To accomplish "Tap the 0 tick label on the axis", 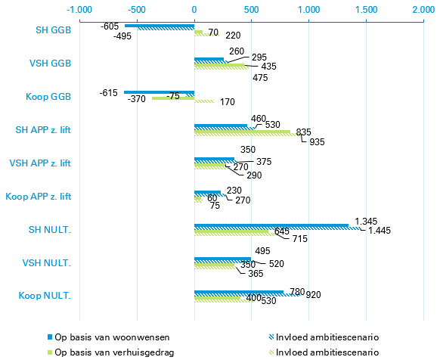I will [x=194, y=10].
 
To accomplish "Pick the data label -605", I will [x=110, y=25].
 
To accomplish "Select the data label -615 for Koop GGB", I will [x=110, y=92].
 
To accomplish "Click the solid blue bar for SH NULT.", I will [x=271, y=225].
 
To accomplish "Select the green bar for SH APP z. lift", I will [x=242, y=132].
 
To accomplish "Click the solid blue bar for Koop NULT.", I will [x=239, y=292].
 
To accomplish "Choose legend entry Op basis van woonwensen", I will [x=105, y=336].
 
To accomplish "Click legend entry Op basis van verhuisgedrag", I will [x=107, y=352].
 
